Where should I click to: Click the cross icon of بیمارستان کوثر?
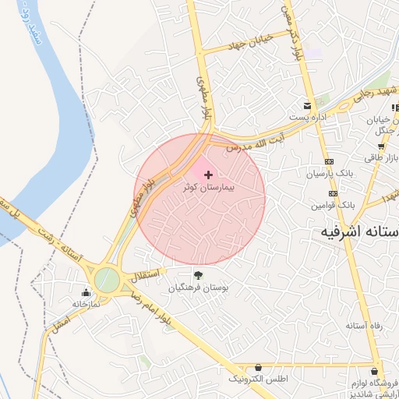pos(207,175)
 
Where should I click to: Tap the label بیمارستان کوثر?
pos(208,189)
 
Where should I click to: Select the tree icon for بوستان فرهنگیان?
pos(198,274)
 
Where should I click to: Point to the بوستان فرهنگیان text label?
pos(199,288)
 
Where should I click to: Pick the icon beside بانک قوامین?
pos(334,193)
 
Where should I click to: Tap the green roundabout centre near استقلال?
pos(107,280)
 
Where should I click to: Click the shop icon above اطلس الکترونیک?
pos(258,367)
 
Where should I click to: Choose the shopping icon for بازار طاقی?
pos(380,147)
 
